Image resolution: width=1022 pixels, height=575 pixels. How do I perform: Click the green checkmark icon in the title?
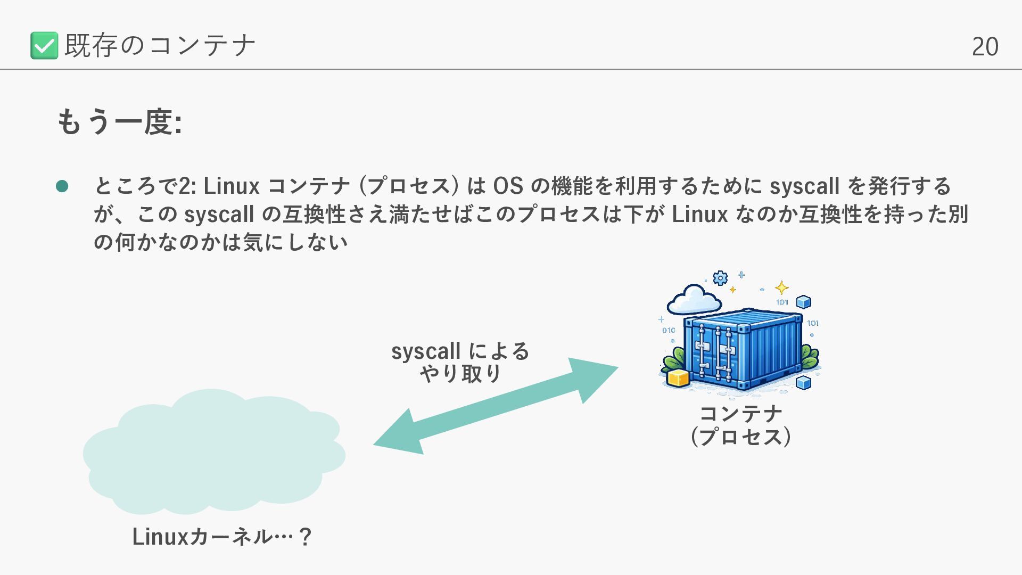click(x=44, y=45)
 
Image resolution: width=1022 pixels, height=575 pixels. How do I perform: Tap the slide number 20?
click(x=985, y=47)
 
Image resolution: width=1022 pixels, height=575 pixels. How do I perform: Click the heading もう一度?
click(x=120, y=122)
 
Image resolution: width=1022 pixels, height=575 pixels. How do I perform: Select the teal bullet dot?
click(x=62, y=186)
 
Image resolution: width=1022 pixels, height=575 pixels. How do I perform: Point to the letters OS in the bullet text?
click(x=508, y=186)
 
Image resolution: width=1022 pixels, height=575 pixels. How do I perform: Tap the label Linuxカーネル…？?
click(x=221, y=537)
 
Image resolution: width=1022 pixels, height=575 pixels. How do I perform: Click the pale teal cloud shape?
click(x=213, y=453)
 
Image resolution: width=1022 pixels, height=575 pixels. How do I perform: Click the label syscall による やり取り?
click(x=460, y=362)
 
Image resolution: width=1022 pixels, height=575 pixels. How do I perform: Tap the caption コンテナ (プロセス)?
click(x=740, y=425)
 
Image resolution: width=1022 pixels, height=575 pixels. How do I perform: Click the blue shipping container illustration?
click(x=743, y=349)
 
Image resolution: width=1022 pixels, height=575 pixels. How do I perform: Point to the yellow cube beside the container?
click(x=678, y=377)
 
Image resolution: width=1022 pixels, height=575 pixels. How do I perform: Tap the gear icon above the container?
click(x=720, y=278)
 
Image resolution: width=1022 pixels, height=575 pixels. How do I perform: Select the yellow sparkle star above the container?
click(x=781, y=288)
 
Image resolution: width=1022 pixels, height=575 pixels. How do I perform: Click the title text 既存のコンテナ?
click(x=160, y=45)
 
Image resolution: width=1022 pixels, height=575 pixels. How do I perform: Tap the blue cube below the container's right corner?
click(x=803, y=382)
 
